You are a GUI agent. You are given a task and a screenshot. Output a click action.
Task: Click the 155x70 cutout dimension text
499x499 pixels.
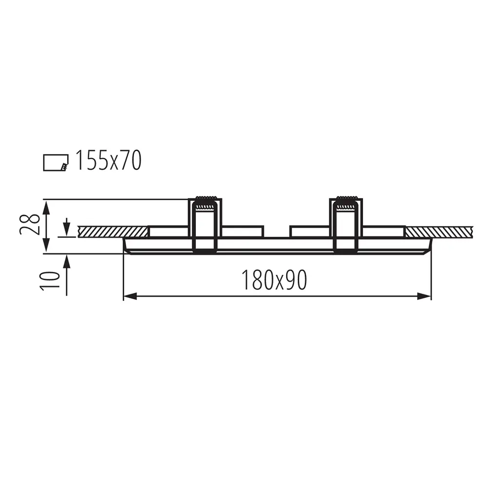109,161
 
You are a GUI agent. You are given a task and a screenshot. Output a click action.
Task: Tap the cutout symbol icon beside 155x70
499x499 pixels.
56,163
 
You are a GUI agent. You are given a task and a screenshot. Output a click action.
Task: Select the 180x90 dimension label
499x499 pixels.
274,280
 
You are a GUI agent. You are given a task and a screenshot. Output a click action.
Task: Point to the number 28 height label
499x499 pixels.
30,224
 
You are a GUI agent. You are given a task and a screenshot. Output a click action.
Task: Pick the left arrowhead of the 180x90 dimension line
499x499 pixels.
130,297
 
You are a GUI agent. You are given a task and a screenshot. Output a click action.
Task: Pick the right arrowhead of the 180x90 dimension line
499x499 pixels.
424,297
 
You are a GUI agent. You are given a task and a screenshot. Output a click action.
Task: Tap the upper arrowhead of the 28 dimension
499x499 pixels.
46,207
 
